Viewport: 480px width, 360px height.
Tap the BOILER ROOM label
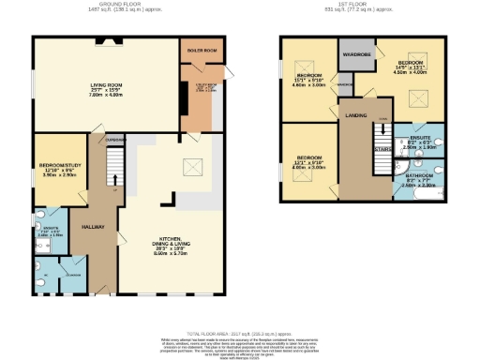[202, 49]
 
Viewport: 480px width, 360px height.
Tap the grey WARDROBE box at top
[356, 53]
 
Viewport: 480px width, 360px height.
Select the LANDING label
[355, 115]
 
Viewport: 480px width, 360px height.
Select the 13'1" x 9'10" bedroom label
[310, 161]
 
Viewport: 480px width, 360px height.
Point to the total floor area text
[240, 333]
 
